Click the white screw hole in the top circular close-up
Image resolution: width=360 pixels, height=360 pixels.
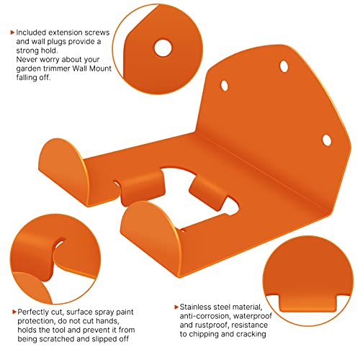[163, 48]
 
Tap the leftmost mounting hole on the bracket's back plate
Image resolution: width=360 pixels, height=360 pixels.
[225, 86]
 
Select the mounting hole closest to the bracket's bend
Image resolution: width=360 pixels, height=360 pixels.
[326, 140]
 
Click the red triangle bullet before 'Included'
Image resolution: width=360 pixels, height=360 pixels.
[12, 32]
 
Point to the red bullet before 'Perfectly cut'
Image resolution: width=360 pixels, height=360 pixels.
[14, 312]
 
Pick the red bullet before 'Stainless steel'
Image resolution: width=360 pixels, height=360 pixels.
[176, 307]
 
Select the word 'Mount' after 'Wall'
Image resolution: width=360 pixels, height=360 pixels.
[100, 68]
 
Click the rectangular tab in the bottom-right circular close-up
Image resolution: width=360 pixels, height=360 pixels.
[308, 303]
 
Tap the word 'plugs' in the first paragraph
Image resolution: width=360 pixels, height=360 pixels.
[58, 42]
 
